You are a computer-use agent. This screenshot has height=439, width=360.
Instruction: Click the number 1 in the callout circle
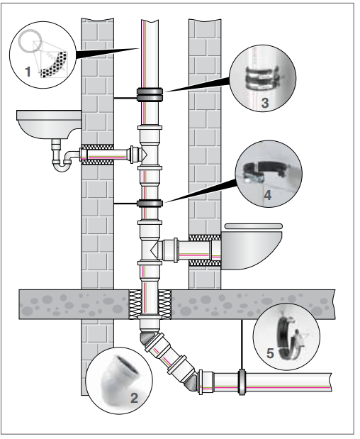pos(28,72)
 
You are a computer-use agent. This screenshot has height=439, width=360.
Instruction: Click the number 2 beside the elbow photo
pos(134,398)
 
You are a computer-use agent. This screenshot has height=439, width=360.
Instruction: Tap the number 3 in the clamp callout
pos(265,103)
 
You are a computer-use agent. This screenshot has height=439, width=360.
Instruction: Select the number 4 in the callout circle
pos(268,195)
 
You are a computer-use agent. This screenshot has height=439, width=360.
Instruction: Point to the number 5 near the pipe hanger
pos(270,353)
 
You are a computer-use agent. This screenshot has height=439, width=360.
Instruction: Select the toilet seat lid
pos(254,226)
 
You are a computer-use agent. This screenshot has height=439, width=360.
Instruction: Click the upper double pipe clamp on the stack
pos(150,94)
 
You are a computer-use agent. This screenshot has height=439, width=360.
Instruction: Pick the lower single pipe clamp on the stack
pos(150,204)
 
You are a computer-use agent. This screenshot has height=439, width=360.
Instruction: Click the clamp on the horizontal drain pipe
pos(242,382)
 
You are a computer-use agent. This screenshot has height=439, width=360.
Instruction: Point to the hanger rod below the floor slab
pos(242,344)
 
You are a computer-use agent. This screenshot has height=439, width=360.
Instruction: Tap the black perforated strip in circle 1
pos(55,65)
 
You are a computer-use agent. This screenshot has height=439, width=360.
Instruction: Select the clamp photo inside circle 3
pos(262,77)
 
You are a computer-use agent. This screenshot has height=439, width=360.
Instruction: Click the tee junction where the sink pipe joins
pos(150,153)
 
